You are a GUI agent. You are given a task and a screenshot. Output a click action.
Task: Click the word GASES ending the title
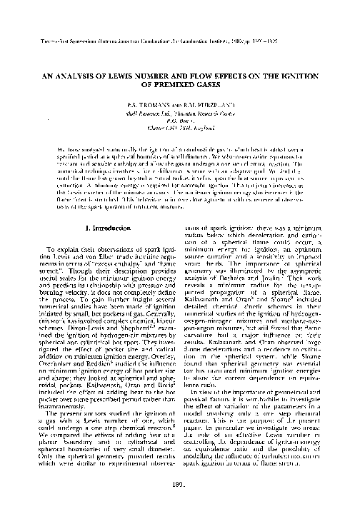coord(199,84)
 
